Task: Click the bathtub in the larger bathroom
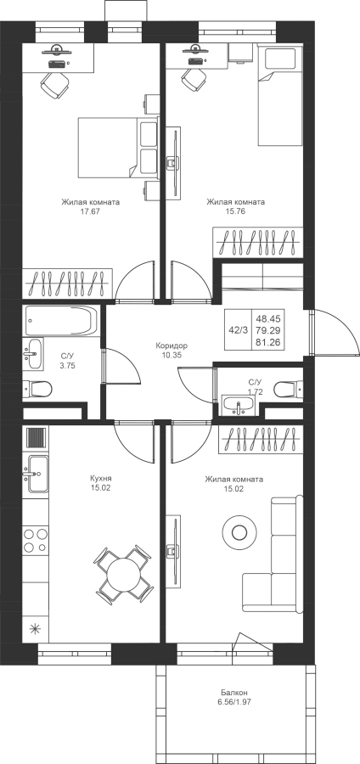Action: click(x=61, y=321)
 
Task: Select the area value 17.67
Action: click(x=91, y=211)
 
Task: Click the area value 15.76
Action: click(x=235, y=211)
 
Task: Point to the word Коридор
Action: click(x=172, y=345)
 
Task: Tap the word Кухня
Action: click(x=101, y=478)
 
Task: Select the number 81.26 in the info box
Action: click(x=271, y=342)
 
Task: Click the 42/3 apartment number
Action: click(x=239, y=330)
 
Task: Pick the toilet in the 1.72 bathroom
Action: click(x=289, y=390)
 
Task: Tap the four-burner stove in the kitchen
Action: click(x=36, y=540)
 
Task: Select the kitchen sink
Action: click(x=37, y=474)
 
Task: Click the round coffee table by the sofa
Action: click(x=239, y=531)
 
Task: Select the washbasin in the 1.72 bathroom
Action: click(x=239, y=405)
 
